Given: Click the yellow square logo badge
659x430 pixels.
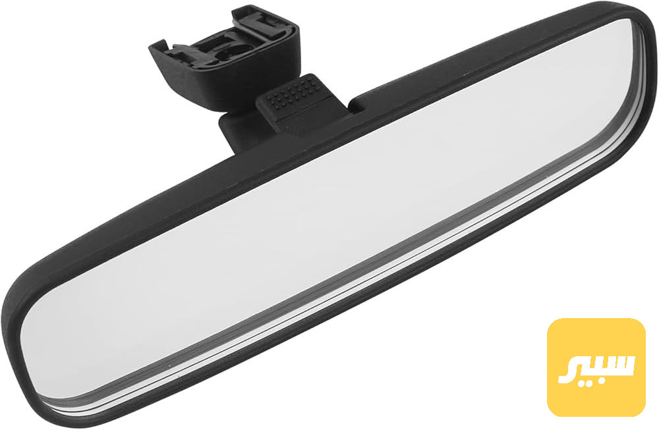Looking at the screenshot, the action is point(596,367).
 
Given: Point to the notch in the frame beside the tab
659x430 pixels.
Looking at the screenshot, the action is point(357,105).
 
